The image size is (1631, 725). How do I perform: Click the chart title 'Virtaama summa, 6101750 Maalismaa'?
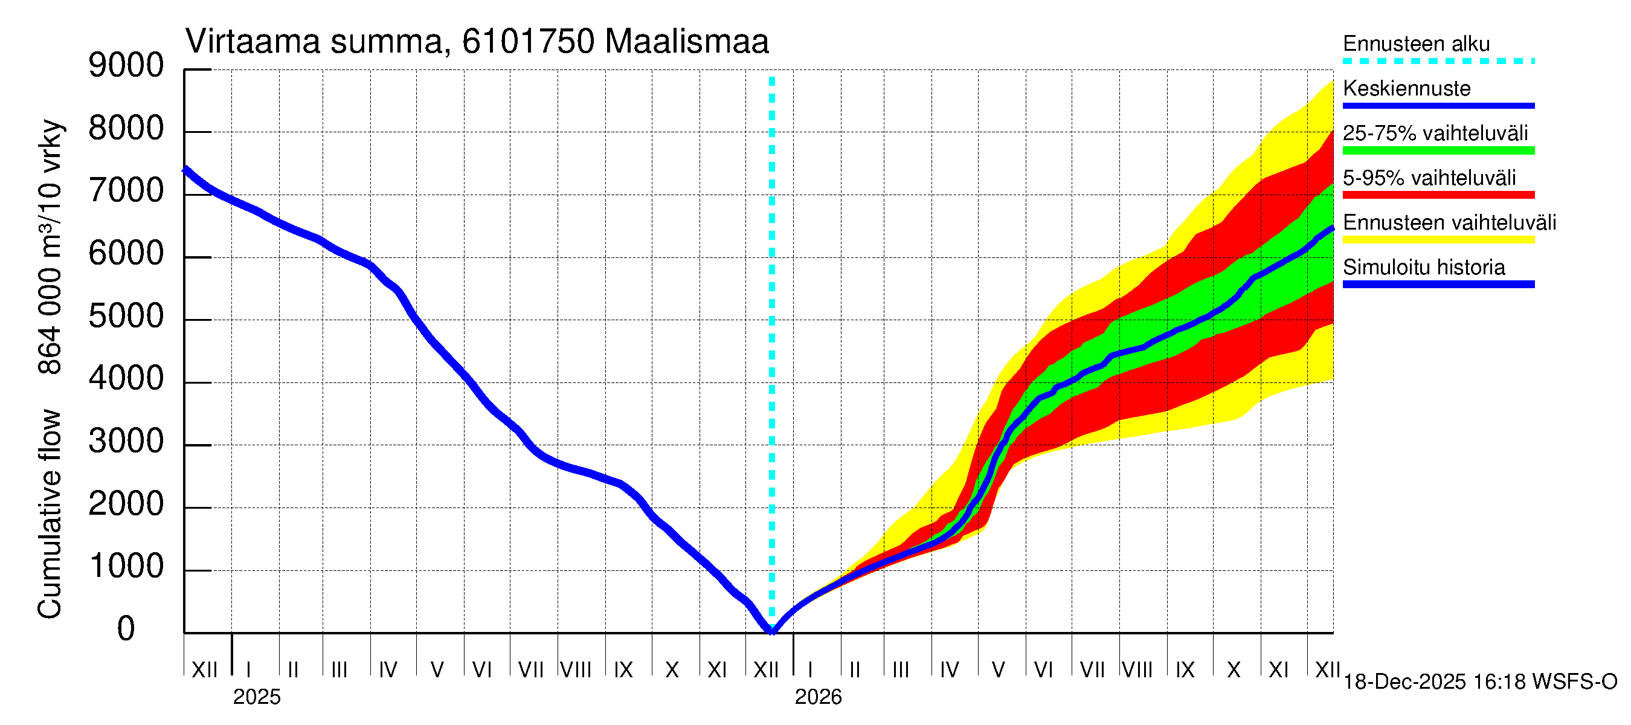point(477,42)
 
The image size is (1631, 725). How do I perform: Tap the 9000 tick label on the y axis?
point(126,65)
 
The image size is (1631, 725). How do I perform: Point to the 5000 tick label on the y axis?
point(126,316)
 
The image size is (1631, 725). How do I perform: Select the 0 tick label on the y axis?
point(126,629)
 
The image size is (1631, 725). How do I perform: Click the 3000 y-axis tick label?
point(126,441)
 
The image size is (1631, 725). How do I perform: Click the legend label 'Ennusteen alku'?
point(1417,43)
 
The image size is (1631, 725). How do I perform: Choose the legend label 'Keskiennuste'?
point(1406,88)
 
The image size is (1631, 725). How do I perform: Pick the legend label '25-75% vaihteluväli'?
point(1435,133)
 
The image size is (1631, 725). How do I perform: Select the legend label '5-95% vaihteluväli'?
point(1429,178)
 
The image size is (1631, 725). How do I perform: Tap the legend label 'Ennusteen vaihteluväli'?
point(1449,222)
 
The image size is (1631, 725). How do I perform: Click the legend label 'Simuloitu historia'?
point(1423,267)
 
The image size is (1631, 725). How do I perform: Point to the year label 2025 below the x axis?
point(256,697)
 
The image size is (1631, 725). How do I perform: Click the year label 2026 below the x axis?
point(818,697)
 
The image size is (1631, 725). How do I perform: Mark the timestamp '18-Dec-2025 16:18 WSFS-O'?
point(1479,682)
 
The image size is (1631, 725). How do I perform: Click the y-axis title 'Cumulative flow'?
point(50,514)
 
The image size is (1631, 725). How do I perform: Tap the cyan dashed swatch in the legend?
point(1438,62)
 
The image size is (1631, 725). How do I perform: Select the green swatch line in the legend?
point(1438,150)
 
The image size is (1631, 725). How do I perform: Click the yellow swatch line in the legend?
point(1438,240)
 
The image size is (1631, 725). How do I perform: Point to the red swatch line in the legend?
point(1438,195)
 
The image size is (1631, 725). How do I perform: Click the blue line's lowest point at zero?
point(772,630)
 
